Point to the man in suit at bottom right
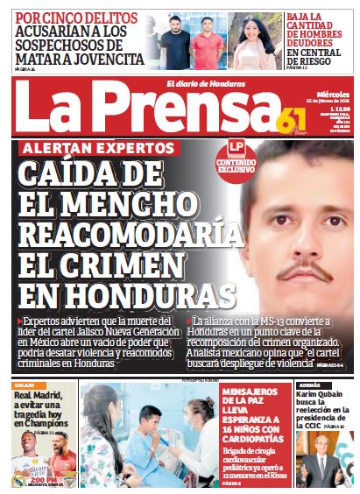325,461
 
